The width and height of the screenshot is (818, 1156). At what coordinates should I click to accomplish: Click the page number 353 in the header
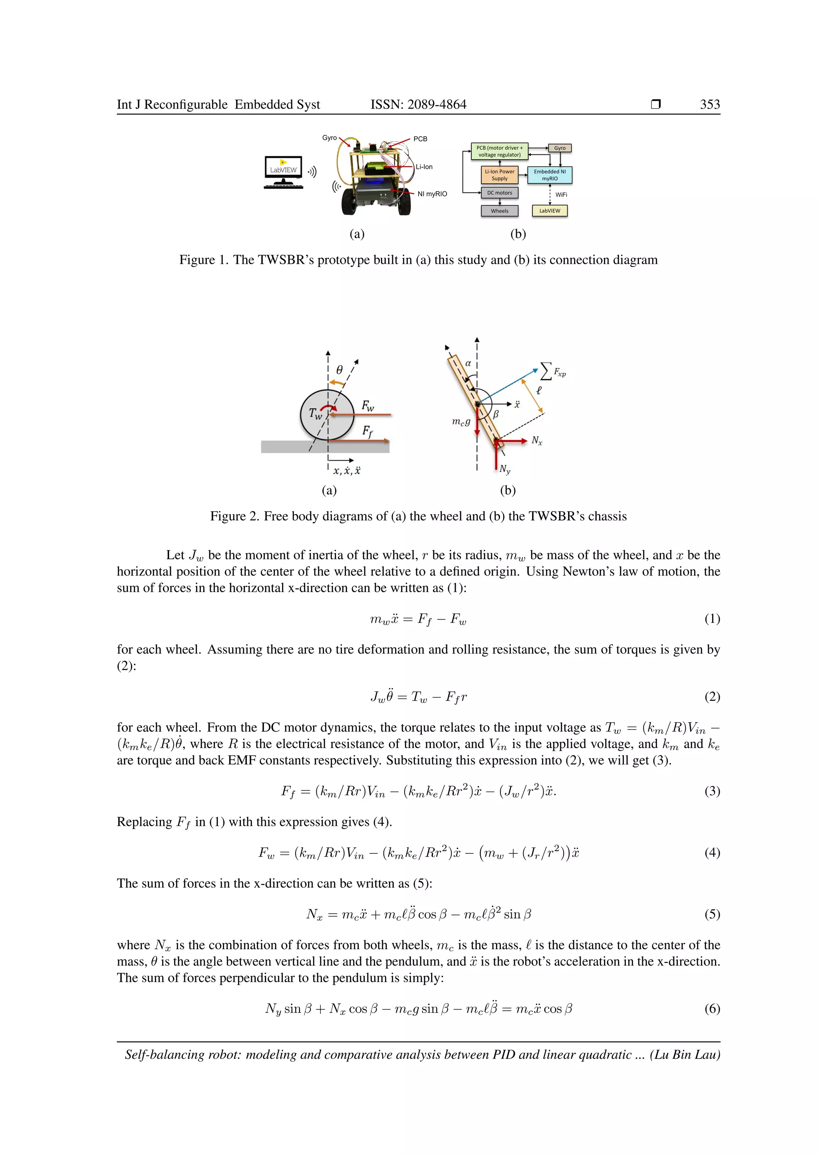tap(710, 104)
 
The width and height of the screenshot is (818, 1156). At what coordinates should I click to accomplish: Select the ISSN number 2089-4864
tap(437, 104)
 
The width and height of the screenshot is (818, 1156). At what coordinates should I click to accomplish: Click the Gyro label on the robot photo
tap(330, 137)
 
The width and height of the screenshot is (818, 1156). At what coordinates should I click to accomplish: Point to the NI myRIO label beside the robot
tap(432, 194)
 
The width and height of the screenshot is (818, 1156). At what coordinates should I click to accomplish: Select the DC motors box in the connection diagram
tap(499, 193)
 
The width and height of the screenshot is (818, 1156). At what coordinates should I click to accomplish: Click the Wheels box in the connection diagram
tap(499, 211)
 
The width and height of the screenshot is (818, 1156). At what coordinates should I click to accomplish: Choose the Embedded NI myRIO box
tap(550, 175)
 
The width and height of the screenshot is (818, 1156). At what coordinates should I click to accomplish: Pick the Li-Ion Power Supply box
tap(499, 175)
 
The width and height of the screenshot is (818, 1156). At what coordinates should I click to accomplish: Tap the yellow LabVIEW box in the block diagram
tap(550, 211)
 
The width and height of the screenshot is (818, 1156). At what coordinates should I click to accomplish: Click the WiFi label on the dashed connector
tap(561, 195)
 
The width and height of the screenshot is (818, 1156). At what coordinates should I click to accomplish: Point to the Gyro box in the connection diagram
tap(560, 148)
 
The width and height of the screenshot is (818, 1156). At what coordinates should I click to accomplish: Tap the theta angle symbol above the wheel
tap(340, 370)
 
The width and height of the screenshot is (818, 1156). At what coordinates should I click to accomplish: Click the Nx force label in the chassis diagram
tap(537, 441)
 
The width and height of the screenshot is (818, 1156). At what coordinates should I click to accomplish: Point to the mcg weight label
tap(461, 422)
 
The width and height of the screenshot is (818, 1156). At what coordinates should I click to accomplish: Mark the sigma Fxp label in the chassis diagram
tap(552, 372)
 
